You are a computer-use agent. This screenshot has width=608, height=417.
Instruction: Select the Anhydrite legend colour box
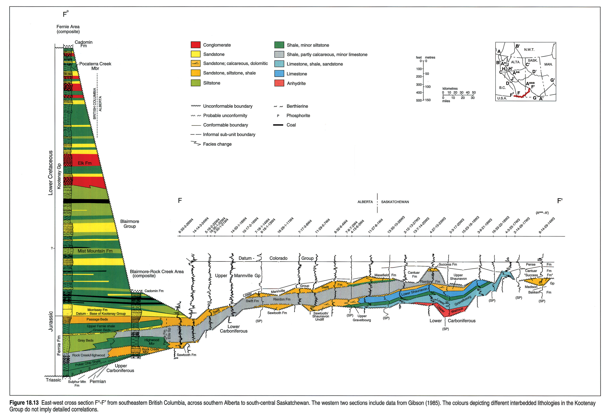[279, 83]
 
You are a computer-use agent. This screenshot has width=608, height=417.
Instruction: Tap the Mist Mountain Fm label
[95, 251]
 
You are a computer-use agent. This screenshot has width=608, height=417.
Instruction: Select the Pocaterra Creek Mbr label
[95, 66]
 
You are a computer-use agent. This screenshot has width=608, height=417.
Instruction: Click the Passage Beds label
[97, 319]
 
